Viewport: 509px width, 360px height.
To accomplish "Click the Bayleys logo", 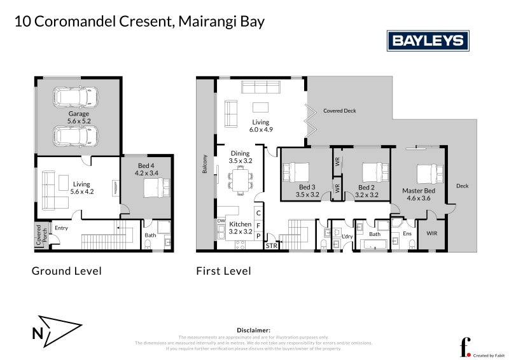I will coord(428,41).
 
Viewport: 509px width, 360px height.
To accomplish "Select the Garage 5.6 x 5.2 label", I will coord(79,117).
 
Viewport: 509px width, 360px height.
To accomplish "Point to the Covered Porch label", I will coord(39,235).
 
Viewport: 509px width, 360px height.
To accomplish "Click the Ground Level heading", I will coord(67,271).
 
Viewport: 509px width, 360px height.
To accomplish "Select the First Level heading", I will coord(223,271).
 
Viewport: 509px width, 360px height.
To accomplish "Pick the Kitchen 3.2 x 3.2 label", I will coord(240,228).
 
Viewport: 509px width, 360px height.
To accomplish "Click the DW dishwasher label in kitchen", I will coord(221,221).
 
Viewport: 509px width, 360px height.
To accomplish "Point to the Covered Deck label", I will coord(339,111).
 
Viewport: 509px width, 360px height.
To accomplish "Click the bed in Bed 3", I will coord(297,172).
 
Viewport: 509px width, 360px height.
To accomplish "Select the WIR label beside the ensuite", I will coord(432,233).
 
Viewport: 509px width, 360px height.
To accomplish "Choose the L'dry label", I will coord(347,237).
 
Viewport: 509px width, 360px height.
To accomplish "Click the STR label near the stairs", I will coord(271,246).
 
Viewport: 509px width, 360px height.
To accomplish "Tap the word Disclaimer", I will coord(254,330).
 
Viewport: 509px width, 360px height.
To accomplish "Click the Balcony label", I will coord(205,164).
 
